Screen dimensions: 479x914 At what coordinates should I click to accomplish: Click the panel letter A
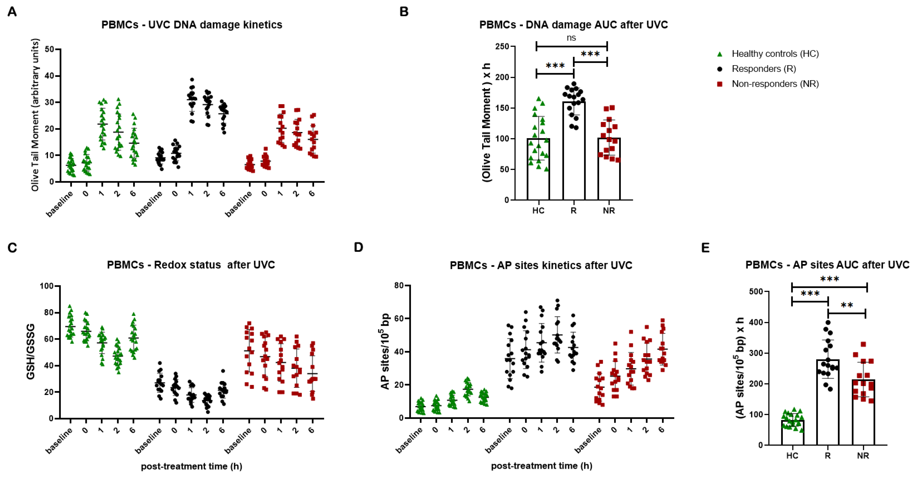(12, 12)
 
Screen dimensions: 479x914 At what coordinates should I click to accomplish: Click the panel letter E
(705, 247)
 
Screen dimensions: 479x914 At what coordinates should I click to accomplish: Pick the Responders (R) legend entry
(763, 69)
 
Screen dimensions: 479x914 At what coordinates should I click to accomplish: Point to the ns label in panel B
(571, 38)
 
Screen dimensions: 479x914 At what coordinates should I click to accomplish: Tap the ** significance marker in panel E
(847, 305)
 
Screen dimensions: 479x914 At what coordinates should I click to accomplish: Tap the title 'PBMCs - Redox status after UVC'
(191, 265)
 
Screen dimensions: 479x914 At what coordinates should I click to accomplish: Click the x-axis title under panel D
(541, 466)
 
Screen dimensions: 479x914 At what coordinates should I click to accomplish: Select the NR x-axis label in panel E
(863, 456)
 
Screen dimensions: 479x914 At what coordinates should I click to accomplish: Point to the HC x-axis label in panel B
(538, 210)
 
